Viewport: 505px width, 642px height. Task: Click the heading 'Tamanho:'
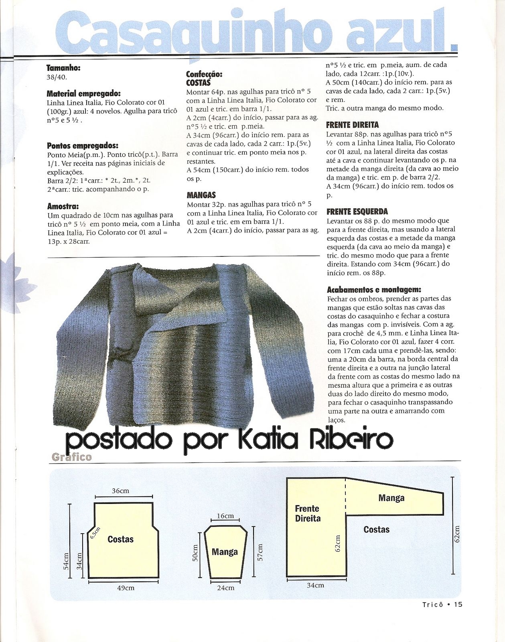(63, 68)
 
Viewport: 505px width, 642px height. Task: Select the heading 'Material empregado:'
(83, 93)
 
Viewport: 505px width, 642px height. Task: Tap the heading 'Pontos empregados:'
(83, 146)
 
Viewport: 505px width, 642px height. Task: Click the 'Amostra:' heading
(63, 206)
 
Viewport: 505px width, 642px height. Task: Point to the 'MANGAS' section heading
(201, 195)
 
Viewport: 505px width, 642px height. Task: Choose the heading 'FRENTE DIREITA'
(353, 125)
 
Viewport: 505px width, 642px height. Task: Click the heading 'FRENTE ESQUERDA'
(357, 211)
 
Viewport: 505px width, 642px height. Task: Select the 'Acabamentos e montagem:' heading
(374, 289)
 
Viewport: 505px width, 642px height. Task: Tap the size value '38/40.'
(57, 77)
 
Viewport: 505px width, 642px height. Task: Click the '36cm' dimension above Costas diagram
(120, 491)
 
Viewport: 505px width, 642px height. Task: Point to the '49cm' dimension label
(125, 588)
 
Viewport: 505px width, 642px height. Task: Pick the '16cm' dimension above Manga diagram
(225, 516)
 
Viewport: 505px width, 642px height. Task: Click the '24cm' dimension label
(225, 588)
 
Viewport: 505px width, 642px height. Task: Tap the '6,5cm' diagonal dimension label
(95, 533)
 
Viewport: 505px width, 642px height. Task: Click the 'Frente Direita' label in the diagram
(308, 513)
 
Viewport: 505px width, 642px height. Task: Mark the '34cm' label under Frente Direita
(315, 585)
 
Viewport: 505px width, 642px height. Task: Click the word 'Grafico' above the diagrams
(72, 457)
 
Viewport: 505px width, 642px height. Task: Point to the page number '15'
(458, 605)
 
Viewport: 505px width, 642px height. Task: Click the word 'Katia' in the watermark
(268, 440)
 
